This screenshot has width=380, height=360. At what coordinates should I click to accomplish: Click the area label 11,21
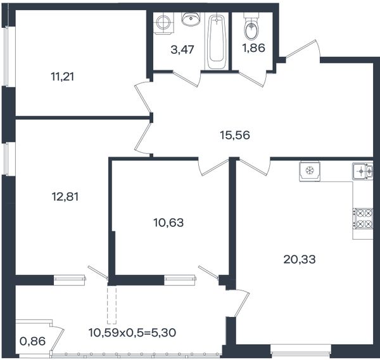click(62, 77)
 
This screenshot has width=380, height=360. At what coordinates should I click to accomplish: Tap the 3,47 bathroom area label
click(182, 49)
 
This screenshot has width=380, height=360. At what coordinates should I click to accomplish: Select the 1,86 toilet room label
click(254, 48)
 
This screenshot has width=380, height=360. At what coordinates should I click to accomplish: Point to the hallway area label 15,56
click(234, 135)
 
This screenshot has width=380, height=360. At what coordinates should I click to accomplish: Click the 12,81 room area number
click(65, 196)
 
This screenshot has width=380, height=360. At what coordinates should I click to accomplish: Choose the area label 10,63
click(168, 222)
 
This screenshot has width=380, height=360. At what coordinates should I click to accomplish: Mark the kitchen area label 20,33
click(300, 260)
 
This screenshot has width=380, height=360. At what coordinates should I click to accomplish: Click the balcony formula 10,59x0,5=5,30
click(132, 333)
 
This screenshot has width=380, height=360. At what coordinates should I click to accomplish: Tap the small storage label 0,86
click(32, 342)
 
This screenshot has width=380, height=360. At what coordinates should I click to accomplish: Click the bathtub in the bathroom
click(217, 41)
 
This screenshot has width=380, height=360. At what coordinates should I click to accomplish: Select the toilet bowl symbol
click(251, 27)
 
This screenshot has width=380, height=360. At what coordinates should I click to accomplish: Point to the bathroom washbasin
click(191, 19)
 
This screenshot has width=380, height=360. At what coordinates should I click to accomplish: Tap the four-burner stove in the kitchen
click(362, 219)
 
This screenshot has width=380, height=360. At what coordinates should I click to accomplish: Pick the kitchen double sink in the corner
click(362, 171)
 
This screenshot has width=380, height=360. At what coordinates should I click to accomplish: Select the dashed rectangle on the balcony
click(111, 305)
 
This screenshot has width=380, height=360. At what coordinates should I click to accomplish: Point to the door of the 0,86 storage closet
click(58, 338)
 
